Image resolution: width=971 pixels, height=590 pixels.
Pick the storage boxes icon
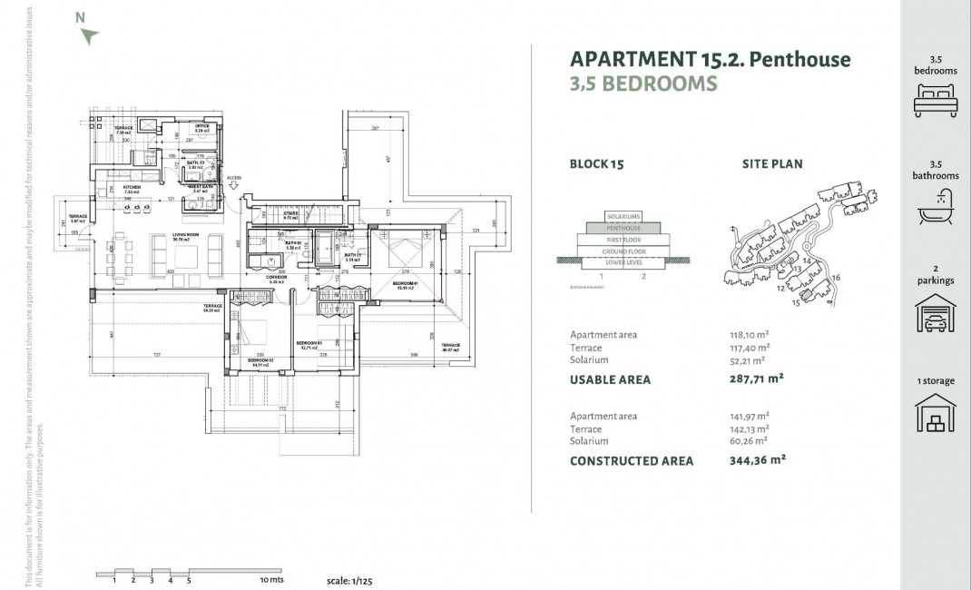tap(935, 415)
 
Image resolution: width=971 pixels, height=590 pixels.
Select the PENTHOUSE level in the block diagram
tap(623, 229)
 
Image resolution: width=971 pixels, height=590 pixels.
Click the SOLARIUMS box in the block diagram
tap(623, 217)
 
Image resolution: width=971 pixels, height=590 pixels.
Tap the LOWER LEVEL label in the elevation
tap(623, 262)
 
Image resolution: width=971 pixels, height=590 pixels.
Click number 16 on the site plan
tap(836, 278)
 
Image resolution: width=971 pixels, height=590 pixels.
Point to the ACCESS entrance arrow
tap(235, 184)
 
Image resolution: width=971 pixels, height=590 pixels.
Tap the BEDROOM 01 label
tap(404, 283)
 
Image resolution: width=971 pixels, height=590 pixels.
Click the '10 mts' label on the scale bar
tap(271, 579)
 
